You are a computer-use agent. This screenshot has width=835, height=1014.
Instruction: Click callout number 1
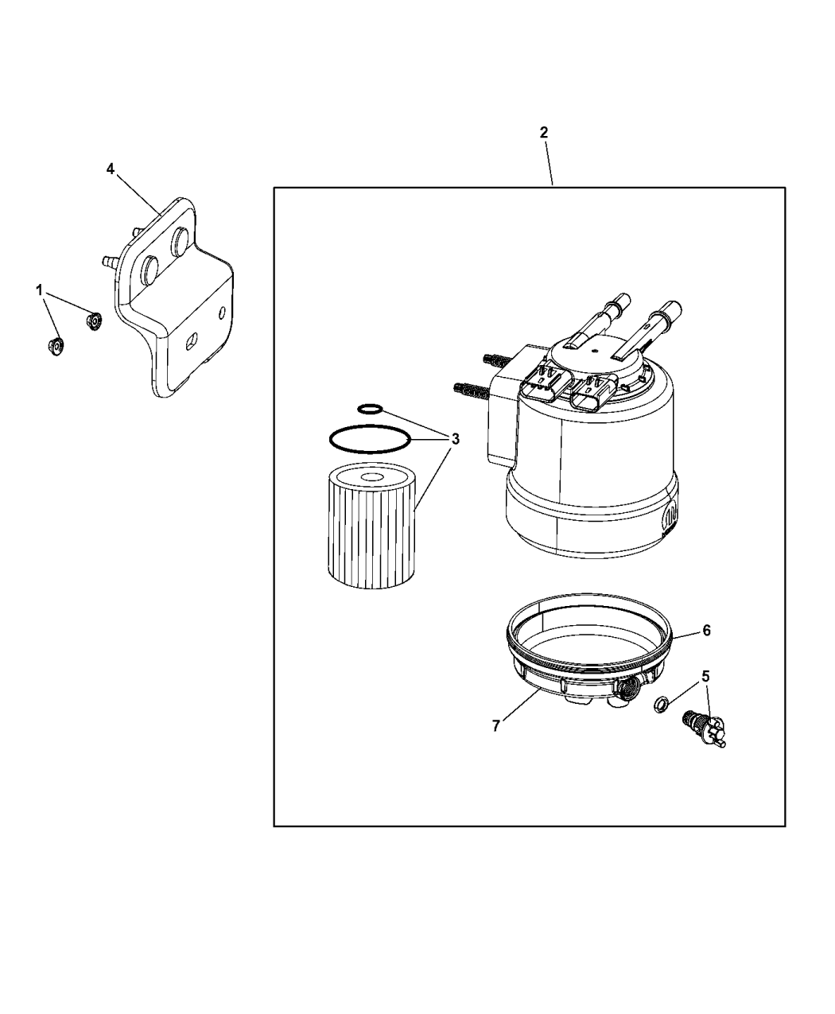click(x=39, y=291)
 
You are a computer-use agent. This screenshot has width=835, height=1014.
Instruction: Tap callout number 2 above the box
click(x=544, y=133)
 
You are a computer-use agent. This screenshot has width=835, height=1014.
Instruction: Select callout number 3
click(x=455, y=438)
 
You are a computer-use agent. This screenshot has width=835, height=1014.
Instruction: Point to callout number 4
click(x=111, y=168)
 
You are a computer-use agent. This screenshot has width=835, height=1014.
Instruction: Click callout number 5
click(x=705, y=676)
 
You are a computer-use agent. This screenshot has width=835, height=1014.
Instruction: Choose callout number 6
click(x=705, y=631)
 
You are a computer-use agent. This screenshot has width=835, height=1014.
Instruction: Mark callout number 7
click(x=496, y=725)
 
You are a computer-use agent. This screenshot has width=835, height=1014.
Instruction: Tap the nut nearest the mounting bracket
click(x=94, y=321)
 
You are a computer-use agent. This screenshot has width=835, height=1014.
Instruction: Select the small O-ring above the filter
click(x=370, y=409)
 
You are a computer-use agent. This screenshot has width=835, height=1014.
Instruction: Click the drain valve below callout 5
click(x=704, y=728)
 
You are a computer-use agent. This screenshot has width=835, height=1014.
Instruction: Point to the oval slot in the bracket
click(x=191, y=342)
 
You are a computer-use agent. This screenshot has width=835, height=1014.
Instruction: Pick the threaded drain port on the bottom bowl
click(x=629, y=686)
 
